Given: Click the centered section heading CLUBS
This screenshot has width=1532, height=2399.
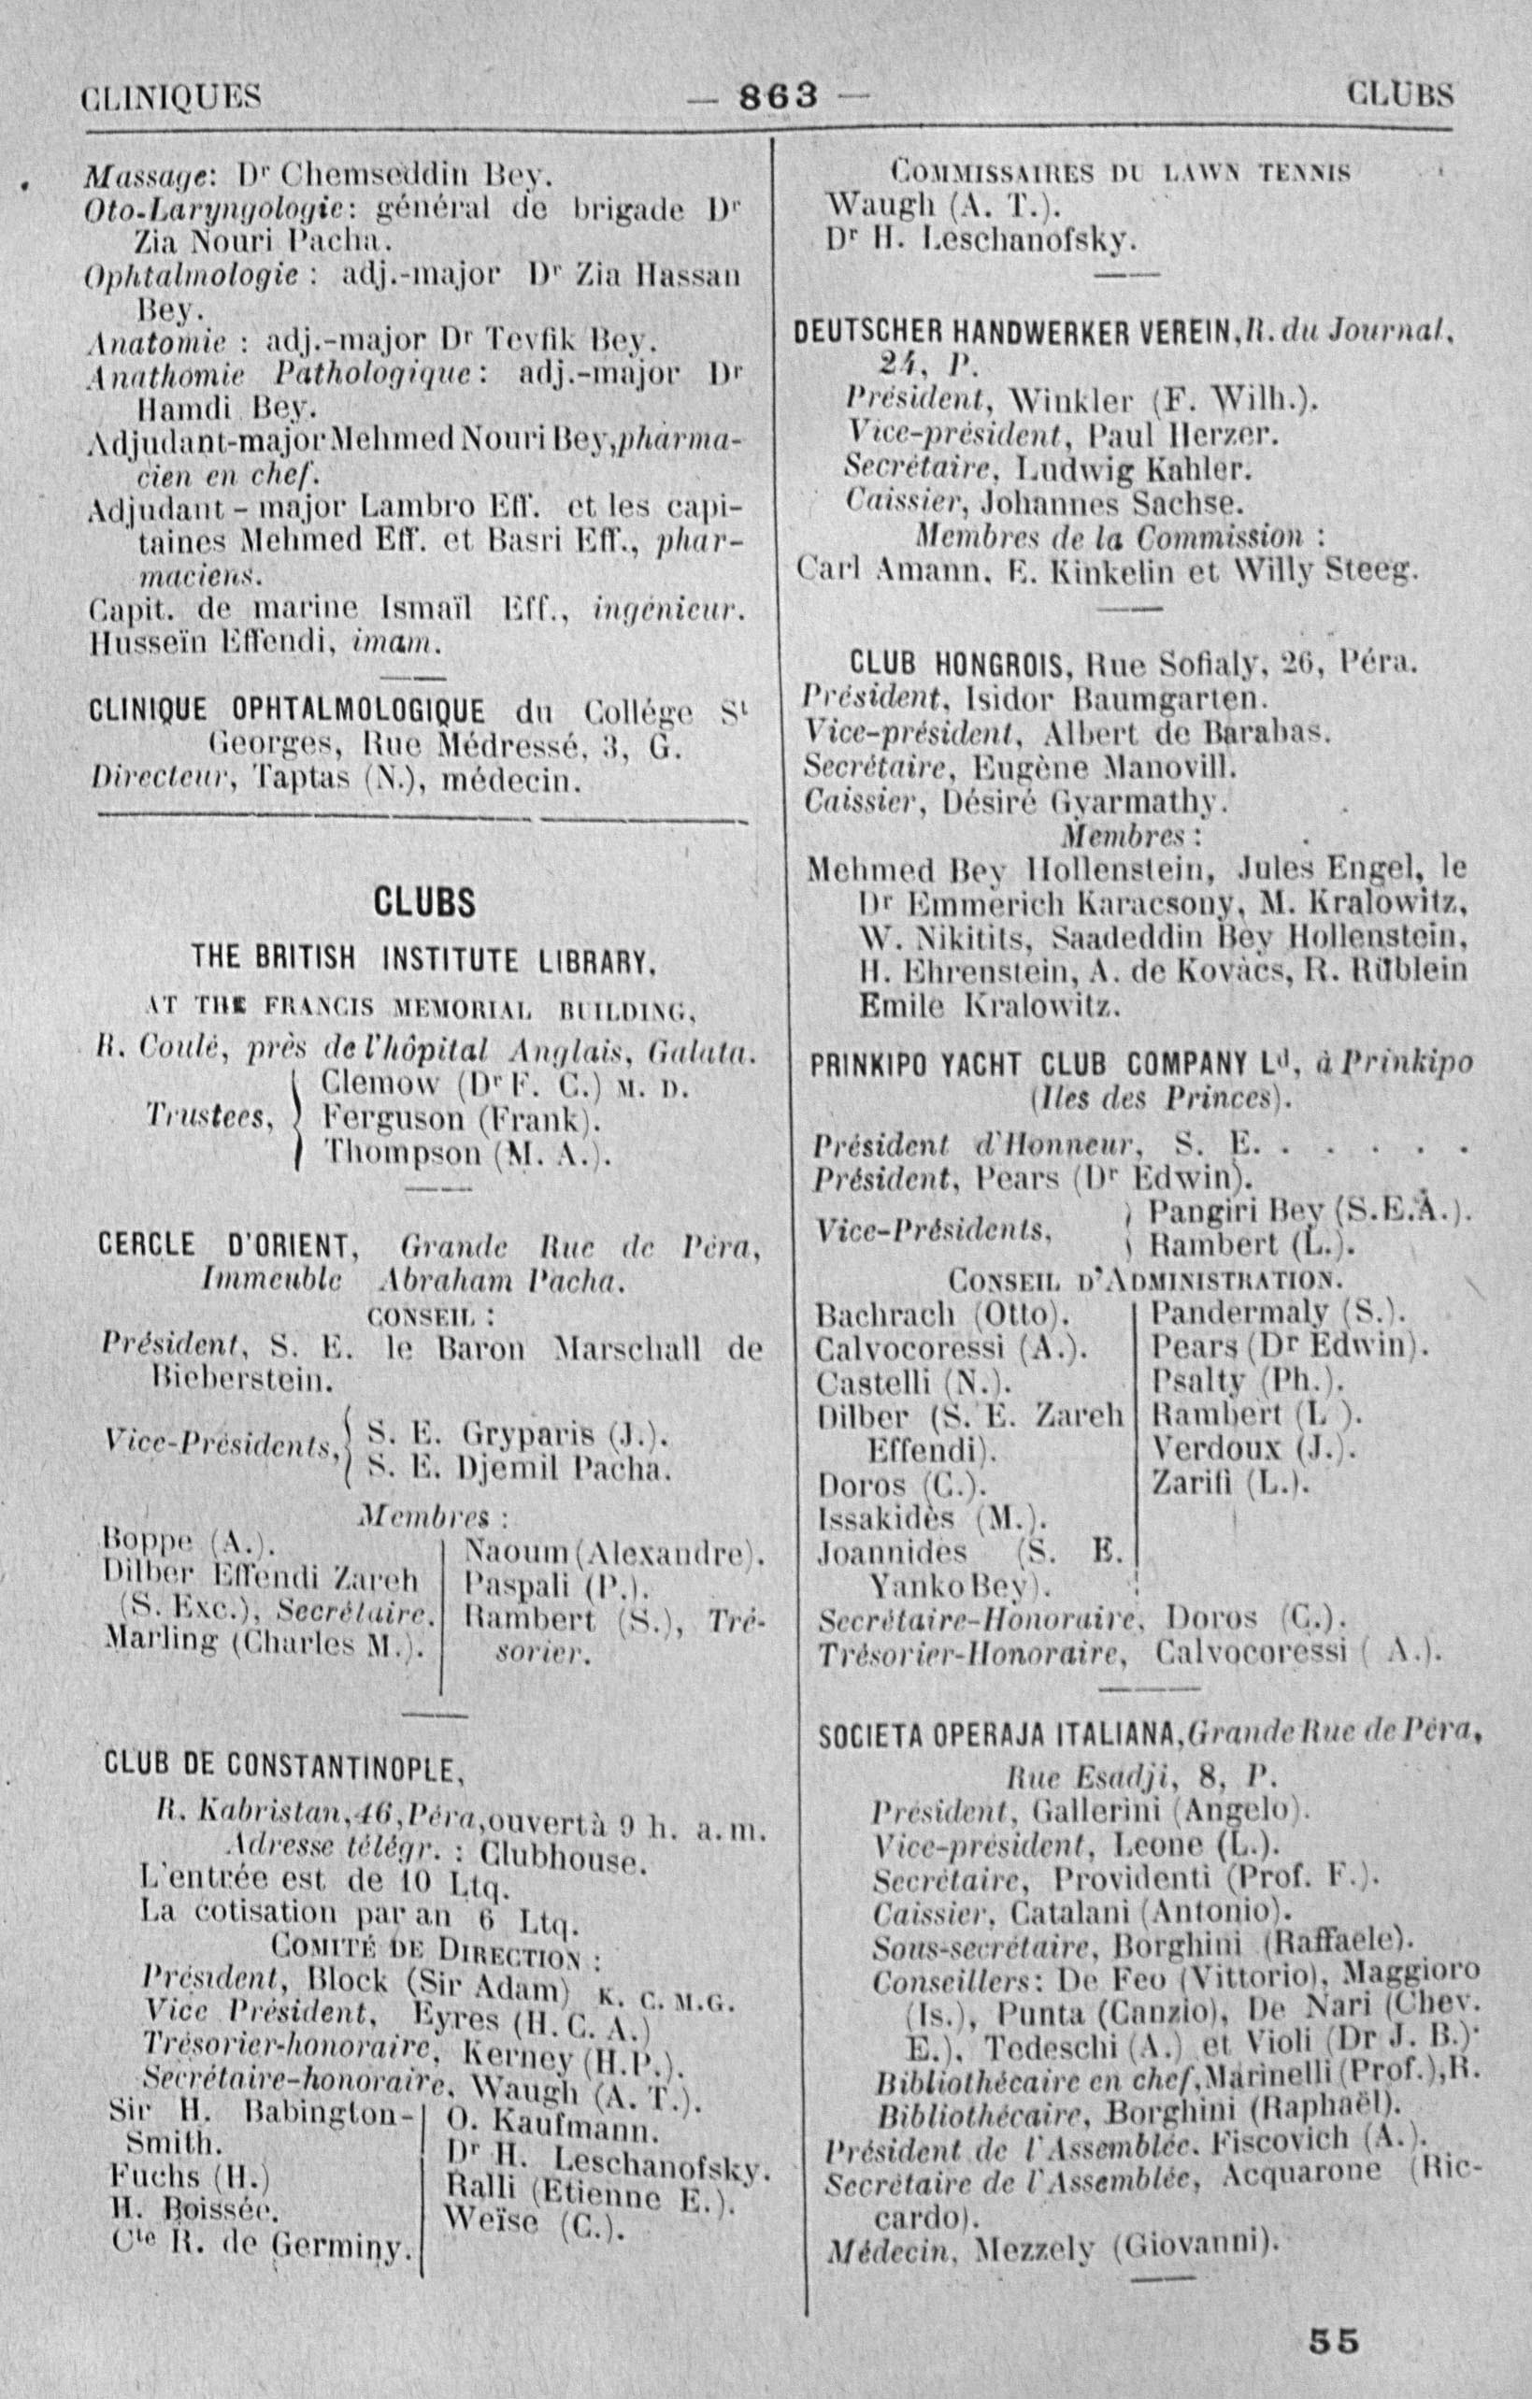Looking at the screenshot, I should pyautogui.click(x=423, y=904).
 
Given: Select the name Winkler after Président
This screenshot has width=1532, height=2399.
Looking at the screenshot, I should pyautogui.click(x=1063, y=404).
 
